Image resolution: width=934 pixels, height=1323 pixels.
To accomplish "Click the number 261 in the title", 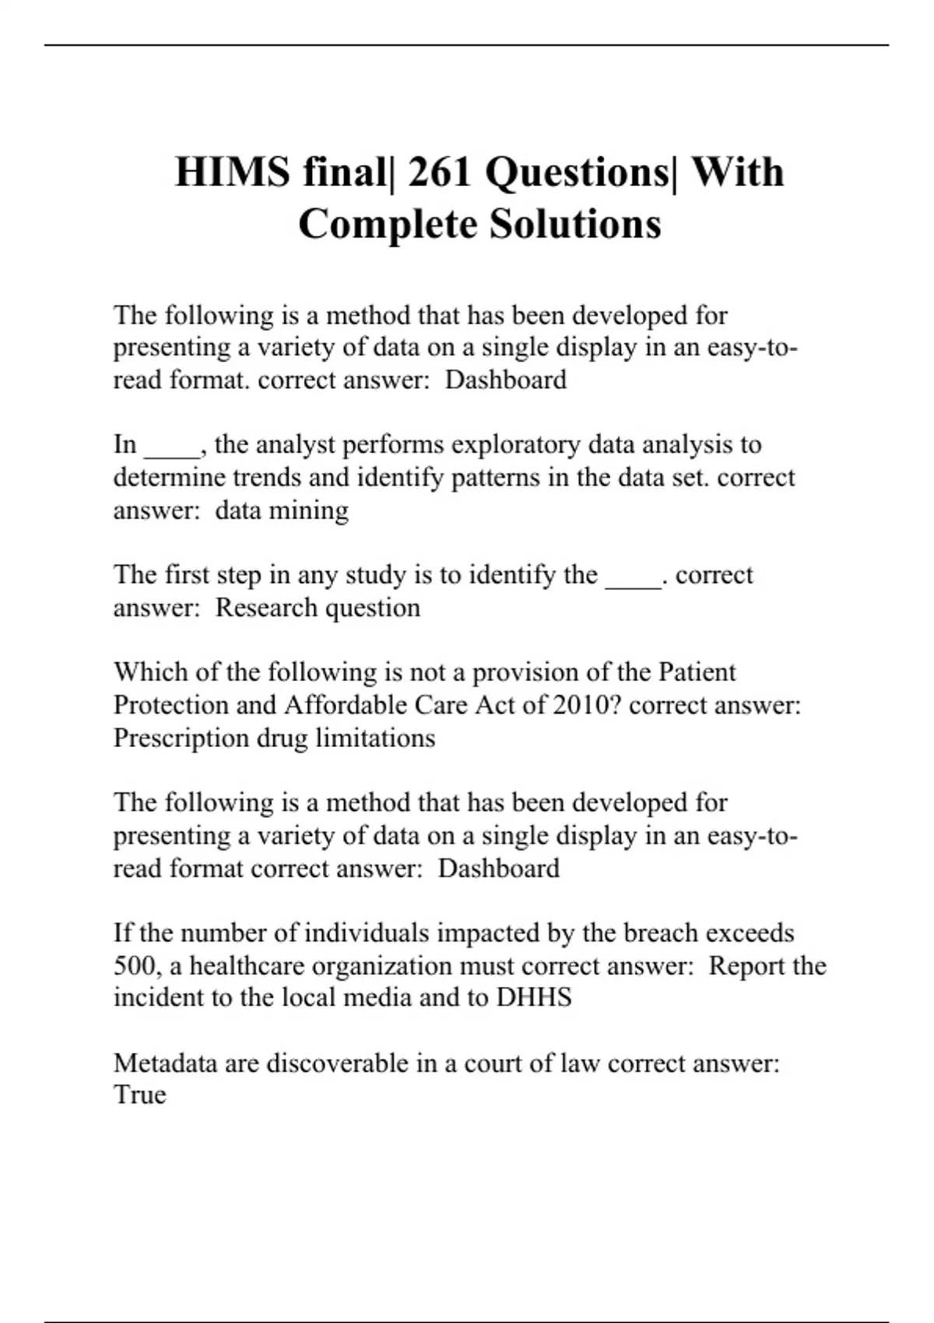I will [x=441, y=172].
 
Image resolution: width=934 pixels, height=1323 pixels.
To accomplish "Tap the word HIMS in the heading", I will [x=232, y=172].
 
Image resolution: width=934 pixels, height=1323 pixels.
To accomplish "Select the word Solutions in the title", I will [x=575, y=224].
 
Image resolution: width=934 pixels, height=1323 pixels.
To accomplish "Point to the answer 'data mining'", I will [x=282, y=511].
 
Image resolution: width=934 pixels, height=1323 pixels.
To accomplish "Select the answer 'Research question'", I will [x=318, y=608].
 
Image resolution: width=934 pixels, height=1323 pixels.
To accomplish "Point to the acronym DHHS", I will [x=534, y=998].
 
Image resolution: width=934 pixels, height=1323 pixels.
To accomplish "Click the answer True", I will [x=140, y=1095].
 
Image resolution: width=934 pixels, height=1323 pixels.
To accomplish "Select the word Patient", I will [x=697, y=672].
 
